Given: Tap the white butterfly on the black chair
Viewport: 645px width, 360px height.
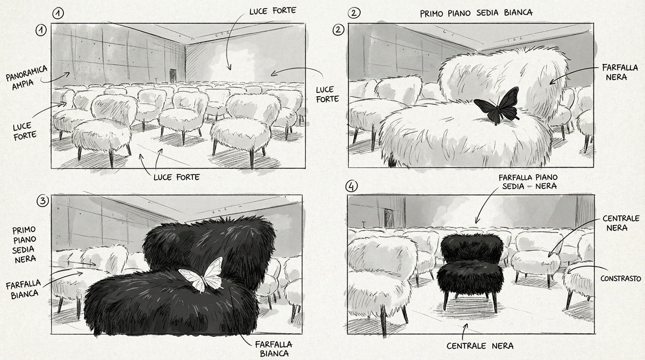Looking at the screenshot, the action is [202, 274].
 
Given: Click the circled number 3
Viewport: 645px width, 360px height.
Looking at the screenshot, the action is [43, 200].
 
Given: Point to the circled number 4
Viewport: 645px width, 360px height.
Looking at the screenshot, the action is [352, 186].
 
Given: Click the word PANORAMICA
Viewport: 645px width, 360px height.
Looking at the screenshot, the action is [26, 73].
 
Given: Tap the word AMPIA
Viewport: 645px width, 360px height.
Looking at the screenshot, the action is [23, 84].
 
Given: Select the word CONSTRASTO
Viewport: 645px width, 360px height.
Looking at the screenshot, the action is [620, 278].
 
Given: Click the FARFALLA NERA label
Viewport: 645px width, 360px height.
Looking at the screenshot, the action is [620, 72].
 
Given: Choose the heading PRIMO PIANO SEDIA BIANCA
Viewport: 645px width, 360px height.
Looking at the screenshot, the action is [476, 13].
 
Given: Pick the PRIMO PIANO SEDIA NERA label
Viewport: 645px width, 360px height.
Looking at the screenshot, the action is [25, 244].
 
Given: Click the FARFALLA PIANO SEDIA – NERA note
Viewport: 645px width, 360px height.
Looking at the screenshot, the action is [528, 182].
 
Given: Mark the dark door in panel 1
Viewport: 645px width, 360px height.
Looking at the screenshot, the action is [173, 75].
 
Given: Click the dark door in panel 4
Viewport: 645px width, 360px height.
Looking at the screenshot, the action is [389, 218].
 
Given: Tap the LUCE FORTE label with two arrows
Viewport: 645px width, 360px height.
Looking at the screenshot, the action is [176, 177].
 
